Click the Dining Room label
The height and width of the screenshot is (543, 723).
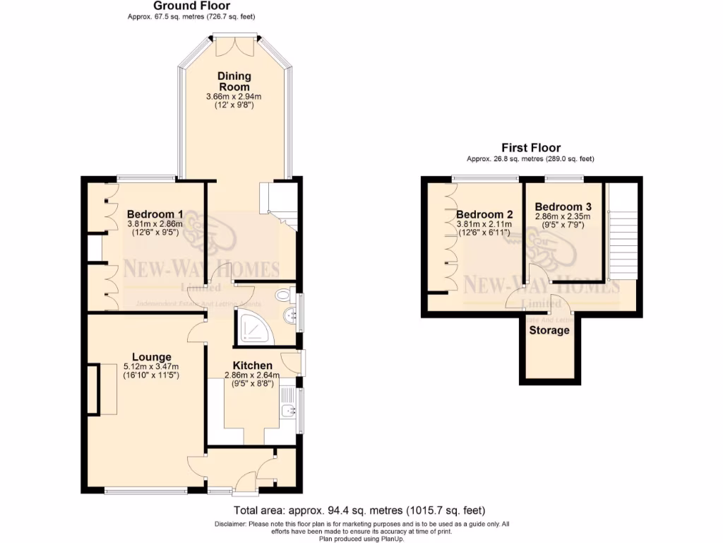[234, 81]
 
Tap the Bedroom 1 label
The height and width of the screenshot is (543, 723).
[155, 214]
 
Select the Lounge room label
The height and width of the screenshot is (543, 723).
[151, 356]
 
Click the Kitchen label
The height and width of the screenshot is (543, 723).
[253, 365]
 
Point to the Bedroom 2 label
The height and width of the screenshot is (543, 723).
[484, 215]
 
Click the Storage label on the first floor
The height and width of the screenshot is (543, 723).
[549, 330]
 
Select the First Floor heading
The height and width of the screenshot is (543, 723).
[531, 148]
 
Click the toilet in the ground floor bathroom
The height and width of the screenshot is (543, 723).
[285, 294]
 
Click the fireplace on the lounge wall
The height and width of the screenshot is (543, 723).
[92, 388]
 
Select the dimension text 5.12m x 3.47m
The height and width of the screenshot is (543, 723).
[151, 366]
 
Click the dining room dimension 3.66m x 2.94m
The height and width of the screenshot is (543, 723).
[234, 96]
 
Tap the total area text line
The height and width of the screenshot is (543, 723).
[359, 510]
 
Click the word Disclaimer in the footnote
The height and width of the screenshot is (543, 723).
[229, 524]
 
